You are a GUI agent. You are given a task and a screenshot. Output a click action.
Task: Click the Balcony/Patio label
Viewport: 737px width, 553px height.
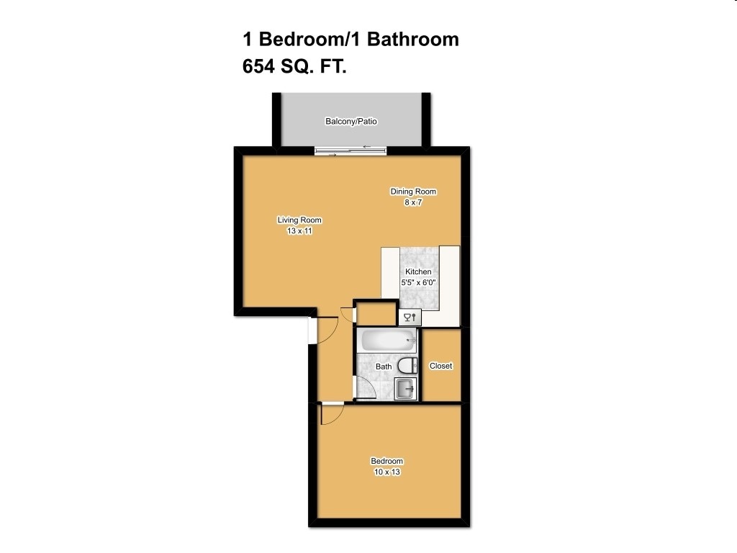(x=351, y=122)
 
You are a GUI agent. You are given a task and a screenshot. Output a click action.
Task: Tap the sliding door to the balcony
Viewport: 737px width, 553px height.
(x=351, y=150)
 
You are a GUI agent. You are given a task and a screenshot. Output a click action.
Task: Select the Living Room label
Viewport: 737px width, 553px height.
(x=299, y=220)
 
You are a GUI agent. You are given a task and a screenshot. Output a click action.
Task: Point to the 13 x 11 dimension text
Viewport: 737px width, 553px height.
(x=299, y=231)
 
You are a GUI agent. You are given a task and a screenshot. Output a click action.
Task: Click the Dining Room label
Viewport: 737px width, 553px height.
(x=413, y=192)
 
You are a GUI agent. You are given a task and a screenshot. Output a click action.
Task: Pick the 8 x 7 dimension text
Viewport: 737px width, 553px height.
(x=413, y=202)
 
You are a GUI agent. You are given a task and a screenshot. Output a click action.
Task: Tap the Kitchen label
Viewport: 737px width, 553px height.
(x=418, y=271)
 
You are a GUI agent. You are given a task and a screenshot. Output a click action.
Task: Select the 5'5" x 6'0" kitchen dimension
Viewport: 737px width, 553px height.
(x=418, y=282)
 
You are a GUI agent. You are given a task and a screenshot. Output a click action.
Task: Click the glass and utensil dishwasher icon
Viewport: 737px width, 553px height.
(x=410, y=317)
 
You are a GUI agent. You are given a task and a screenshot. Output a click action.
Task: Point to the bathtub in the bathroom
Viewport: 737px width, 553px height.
(x=388, y=340)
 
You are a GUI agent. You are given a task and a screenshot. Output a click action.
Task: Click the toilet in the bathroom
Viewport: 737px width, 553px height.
(x=407, y=365)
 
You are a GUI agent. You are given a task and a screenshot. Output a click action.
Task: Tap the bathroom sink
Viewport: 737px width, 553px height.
(x=405, y=389)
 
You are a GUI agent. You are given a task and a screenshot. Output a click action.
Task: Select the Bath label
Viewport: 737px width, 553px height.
(x=384, y=367)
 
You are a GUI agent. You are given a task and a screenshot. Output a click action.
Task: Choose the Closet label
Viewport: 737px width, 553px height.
(x=440, y=366)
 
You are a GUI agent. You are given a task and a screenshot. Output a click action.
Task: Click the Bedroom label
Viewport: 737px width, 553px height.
(x=386, y=462)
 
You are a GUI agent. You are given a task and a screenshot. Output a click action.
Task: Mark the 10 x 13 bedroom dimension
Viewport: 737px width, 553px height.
(x=386, y=472)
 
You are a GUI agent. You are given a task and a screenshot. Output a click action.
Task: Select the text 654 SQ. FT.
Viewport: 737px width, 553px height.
(x=295, y=67)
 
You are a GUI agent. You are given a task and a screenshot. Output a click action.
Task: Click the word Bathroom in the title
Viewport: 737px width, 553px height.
(x=413, y=39)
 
